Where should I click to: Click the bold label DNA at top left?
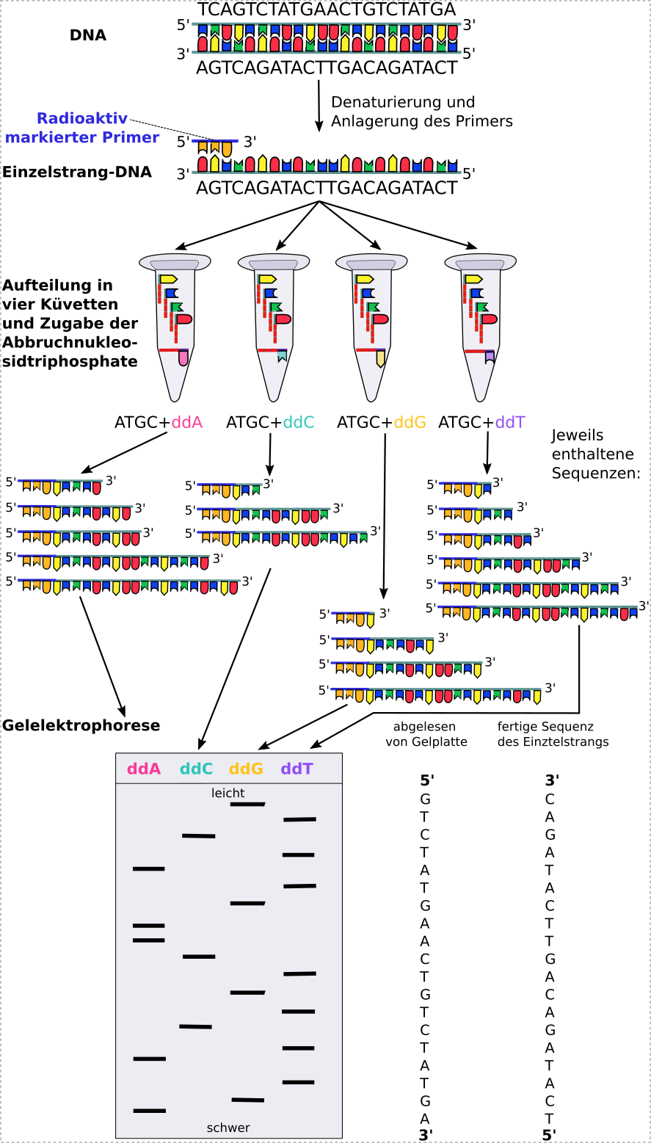pos(88,35)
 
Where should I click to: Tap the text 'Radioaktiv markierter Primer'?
pos(82,128)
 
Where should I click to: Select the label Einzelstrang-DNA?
pos(77,173)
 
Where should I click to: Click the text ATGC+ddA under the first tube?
pos(158,423)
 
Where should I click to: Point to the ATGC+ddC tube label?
pos(269,423)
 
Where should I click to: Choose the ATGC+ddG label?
pos(381,423)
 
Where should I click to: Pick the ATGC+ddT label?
pos(481,423)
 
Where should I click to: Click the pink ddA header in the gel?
pos(144,769)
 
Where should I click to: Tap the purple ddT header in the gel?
pos(297,769)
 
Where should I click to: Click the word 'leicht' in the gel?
pos(228,793)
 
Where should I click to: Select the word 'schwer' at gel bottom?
pos(228,1128)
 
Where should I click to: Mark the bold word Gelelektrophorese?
pos(81,725)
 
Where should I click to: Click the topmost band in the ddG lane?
pos(247,805)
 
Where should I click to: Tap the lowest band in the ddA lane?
pos(150,1111)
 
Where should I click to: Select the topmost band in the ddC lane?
pos(199,835)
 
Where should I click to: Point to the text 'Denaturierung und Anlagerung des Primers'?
pos(421,112)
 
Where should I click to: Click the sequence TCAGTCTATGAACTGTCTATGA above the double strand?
pos(327,10)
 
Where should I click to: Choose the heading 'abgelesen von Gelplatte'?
pos(426,734)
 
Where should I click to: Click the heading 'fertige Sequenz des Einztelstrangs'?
pos(553,734)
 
